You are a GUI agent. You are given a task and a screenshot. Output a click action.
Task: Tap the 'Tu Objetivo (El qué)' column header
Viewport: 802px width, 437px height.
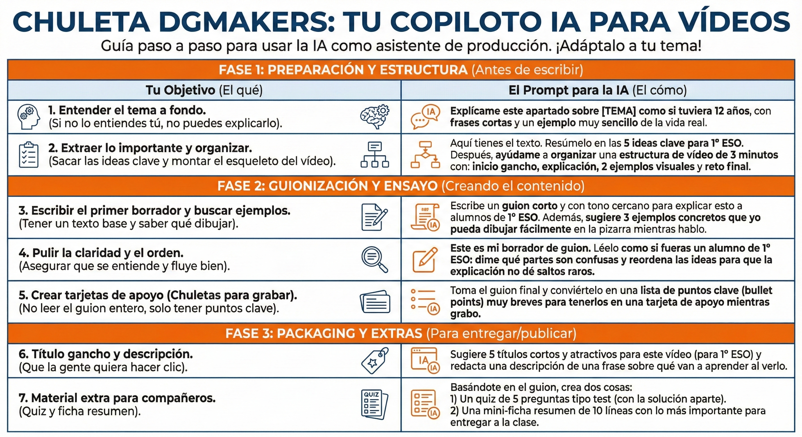click(204, 90)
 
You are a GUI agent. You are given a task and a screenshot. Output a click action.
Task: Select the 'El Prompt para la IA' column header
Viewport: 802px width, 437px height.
click(598, 90)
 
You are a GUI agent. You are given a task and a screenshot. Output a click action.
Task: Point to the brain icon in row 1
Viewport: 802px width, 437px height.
click(375, 117)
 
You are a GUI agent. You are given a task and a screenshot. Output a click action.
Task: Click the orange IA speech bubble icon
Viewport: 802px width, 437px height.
click(425, 117)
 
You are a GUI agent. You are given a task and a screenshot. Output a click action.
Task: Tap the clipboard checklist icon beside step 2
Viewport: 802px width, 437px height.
click(29, 155)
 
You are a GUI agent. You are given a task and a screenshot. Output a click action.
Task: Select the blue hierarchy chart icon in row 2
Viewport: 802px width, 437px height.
click(375, 155)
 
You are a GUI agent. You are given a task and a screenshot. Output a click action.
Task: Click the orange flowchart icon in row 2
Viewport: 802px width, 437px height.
click(425, 155)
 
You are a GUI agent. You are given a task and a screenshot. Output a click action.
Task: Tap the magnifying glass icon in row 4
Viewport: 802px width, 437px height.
click(375, 259)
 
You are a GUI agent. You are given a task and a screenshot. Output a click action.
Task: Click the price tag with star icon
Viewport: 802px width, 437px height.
click(375, 360)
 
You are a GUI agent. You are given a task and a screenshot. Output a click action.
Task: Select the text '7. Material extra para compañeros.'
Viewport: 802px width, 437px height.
click(117, 398)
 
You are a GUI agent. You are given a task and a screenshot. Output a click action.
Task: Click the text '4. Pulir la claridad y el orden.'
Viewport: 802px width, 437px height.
click(101, 253)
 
